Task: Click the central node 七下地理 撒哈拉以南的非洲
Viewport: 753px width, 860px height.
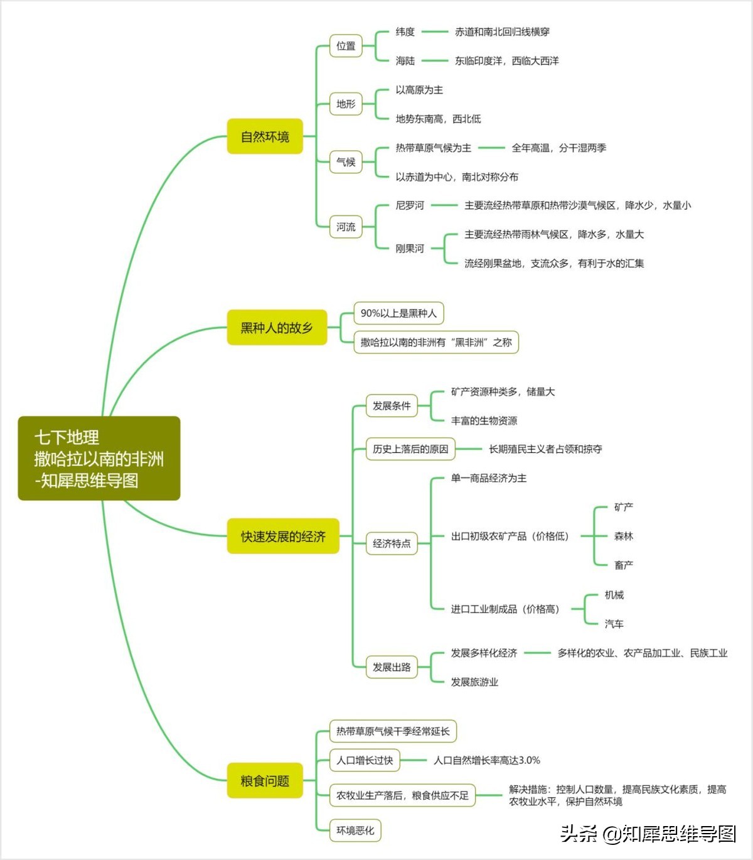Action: pyautogui.click(x=99, y=458)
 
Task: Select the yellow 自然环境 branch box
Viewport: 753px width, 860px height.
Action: pyautogui.click(x=265, y=136)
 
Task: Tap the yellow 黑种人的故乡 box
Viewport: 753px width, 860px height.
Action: pyautogui.click(x=277, y=327)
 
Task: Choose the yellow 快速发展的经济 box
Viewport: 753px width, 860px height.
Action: pyautogui.click(x=283, y=536)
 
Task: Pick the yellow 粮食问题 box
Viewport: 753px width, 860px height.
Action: pyautogui.click(x=265, y=780)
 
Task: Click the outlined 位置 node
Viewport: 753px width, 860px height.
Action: pyautogui.click(x=346, y=46)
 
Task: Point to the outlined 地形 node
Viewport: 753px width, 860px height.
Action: pyautogui.click(x=346, y=104)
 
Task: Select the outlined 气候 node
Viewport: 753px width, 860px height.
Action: pyautogui.click(x=346, y=161)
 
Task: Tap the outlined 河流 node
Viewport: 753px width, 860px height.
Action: pyautogui.click(x=346, y=227)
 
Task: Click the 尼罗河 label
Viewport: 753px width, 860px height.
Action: pyautogui.click(x=410, y=205)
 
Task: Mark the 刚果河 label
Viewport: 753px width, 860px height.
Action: pyautogui.click(x=410, y=248)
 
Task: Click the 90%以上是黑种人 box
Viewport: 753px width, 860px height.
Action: pyautogui.click(x=398, y=313)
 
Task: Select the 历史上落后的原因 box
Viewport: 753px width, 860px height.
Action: pyautogui.click(x=410, y=449)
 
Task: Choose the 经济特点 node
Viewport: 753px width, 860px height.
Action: pyautogui.click(x=392, y=543)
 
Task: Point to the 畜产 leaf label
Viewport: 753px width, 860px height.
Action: pyautogui.click(x=624, y=565)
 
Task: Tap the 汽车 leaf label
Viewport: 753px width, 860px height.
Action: pyautogui.click(x=614, y=624)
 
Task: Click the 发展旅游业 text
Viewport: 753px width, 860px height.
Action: pyautogui.click(x=474, y=682)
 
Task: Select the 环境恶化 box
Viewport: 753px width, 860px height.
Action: pyautogui.click(x=355, y=830)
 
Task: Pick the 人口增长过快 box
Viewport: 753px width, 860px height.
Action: pyautogui.click(x=365, y=760)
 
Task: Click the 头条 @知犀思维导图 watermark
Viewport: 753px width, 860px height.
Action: pyautogui.click(x=648, y=834)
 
